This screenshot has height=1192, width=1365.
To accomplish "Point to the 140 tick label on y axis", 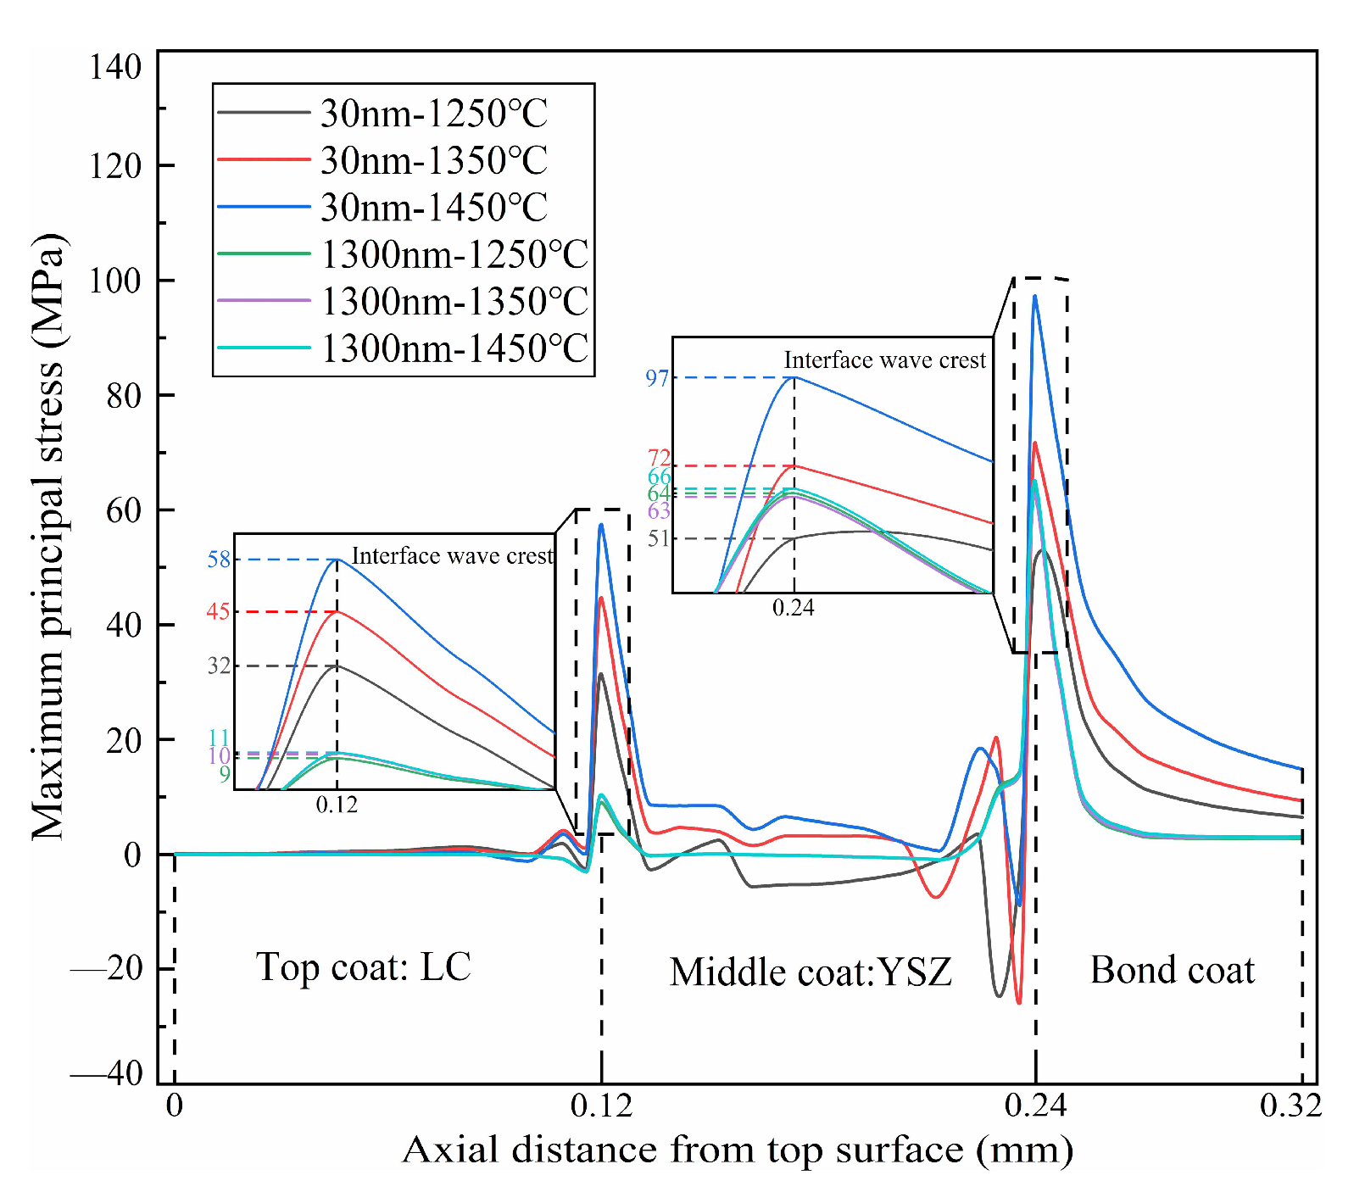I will [x=115, y=67].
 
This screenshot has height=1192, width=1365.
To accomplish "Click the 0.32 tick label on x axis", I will [x=1290, y=1106].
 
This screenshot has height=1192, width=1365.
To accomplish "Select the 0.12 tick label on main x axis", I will [x=601, y=1106].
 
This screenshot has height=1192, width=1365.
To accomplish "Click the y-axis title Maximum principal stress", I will [x=49, y=536].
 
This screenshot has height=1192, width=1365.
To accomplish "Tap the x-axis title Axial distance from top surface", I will [x=737, y=1150].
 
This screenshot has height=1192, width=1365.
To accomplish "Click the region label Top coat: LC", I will [x=363, y=967].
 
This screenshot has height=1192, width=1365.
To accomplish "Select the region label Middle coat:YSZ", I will [x=811, y=972].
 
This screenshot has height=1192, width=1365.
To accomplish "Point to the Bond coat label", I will [x=1172, y=970].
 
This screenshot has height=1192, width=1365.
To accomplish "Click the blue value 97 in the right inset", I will [x=657, y=378].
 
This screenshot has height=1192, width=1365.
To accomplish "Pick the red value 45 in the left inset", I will [x=218, y=611].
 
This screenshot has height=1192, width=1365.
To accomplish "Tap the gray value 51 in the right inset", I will [x=659, y=539].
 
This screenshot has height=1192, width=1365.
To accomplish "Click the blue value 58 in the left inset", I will [x=219, y=560].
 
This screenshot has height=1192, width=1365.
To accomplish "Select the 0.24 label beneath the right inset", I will [x=793, y=608].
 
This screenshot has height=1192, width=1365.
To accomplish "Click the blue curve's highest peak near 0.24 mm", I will [x=1034, y=297].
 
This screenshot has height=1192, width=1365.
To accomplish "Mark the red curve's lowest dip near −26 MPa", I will [x=1018, y=1002].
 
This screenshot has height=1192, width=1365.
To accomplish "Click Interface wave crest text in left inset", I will [x=452, y=556].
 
